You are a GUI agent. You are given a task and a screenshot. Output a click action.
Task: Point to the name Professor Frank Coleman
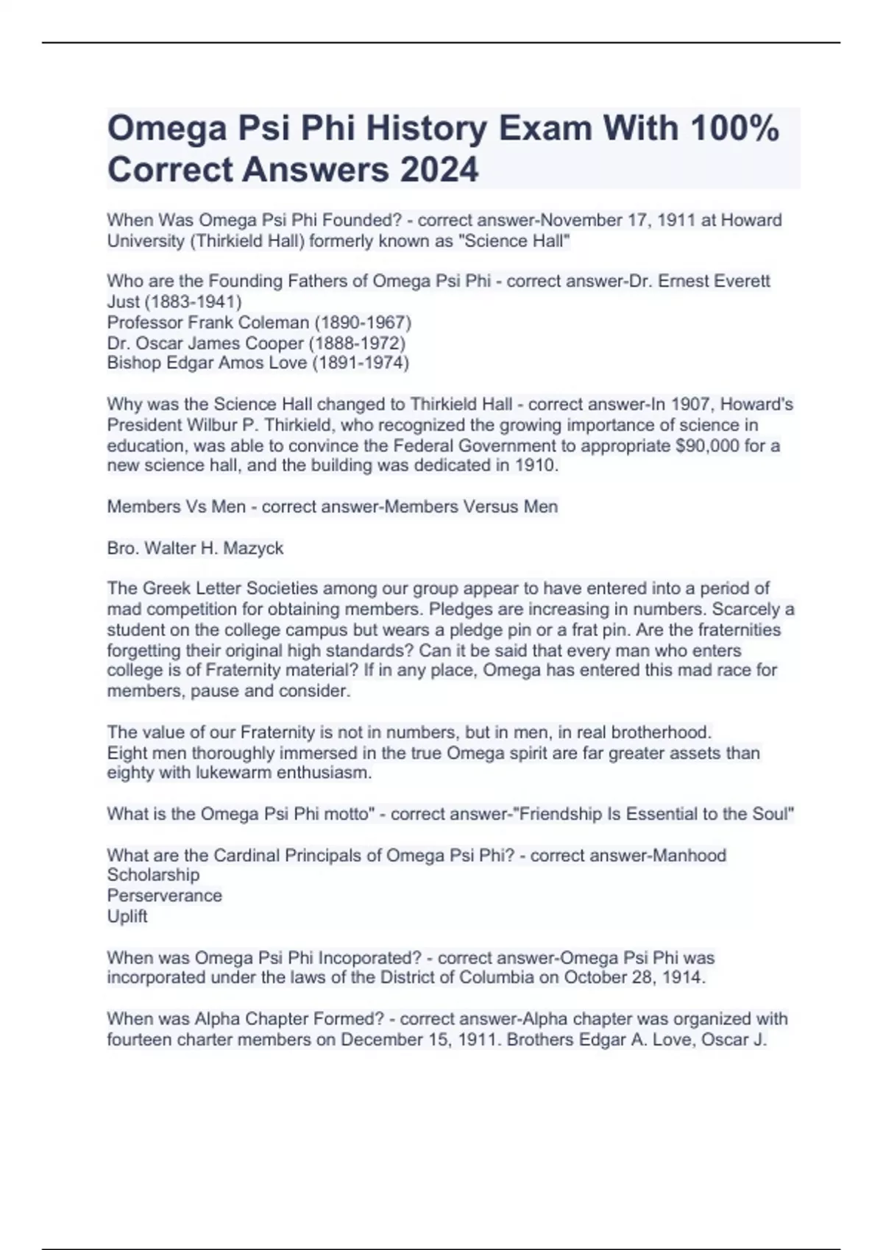coord(208,322)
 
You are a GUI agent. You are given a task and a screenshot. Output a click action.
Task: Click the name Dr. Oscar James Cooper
coord(205,343)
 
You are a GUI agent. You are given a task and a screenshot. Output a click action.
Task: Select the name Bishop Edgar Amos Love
coord(207,362)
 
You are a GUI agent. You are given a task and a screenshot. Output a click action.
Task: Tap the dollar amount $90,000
coord(706,446)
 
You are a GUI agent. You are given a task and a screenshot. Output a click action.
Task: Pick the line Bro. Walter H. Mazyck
coord(195,548)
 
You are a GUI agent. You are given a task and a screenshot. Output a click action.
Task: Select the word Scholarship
coord(153,875)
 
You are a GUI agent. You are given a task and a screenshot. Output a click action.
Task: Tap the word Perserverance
coord(164,896)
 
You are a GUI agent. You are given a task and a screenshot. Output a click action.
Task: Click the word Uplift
coord(127,916)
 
